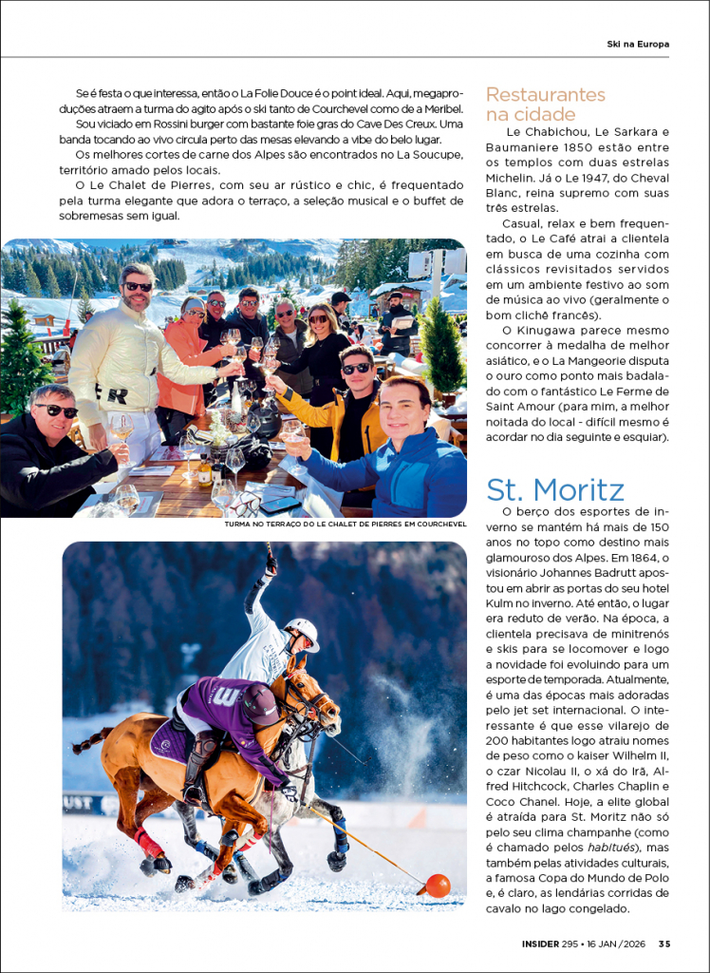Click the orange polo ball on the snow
438,886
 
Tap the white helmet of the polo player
303,631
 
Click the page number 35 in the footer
664,944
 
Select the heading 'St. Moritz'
555,489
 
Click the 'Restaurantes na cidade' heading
545,105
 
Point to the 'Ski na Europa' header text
638,44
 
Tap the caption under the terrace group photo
345,524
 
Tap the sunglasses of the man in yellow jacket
356,369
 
